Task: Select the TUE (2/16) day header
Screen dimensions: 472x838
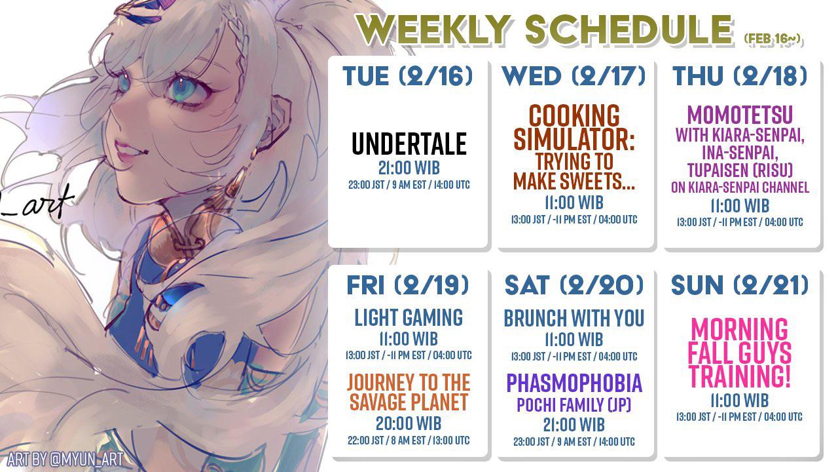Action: (407, 77)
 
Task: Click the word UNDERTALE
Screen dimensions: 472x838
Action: (409, 144)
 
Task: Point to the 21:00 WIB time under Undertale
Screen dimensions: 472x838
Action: (409, 167)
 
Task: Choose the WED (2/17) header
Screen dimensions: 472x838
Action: (574, 77)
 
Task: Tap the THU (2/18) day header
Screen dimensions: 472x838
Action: (740, 77)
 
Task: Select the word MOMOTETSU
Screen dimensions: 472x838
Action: (740, 116)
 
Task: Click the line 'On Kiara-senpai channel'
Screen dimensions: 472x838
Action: (740, 187)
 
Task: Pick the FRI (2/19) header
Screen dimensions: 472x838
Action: (407, 285)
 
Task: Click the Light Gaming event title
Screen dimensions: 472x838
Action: (409, 318)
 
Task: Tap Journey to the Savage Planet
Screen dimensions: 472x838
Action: (409, 392)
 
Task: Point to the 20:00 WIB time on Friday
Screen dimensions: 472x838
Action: (409, 423)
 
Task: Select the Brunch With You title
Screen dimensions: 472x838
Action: (574, 319)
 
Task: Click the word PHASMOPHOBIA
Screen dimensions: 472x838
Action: (574, 383)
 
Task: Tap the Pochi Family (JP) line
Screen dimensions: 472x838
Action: (574, 405)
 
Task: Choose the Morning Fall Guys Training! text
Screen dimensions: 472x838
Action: (740, 353)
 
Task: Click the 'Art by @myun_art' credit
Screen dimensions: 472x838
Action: (65, 460)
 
